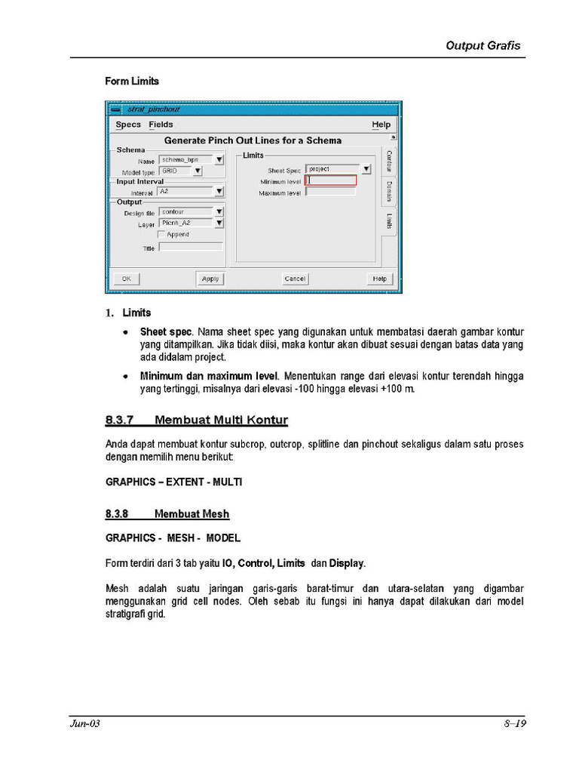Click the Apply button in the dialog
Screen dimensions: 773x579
click(x=210, y=279)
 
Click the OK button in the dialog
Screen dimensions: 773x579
click(x=126, y=279)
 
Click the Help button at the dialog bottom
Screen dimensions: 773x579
click(x=380, y=279)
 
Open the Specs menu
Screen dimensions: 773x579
click(x=128, y=125)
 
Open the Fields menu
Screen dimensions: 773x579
click(x=161, y=125)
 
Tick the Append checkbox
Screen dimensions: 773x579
click(x=161, y=235)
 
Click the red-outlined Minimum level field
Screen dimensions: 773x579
click(x=330, y=180)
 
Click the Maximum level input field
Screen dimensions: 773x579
click(x=330, y=192)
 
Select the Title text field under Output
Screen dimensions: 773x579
click(x=191, y=247)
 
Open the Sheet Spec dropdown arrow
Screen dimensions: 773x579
click(x=366, y=169)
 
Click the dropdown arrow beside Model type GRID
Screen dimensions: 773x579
click(x=198, y=171)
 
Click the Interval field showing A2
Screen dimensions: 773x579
click(x=185, y=192)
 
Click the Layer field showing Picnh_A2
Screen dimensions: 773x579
click(x=185, y=223)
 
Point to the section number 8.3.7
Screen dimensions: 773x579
click(x=120, y=420)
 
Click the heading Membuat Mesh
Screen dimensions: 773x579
click(x=191, y=514)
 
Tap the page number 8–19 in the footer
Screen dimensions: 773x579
click(x=515, y=724)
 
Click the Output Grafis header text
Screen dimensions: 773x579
click(x=482, y=45)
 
